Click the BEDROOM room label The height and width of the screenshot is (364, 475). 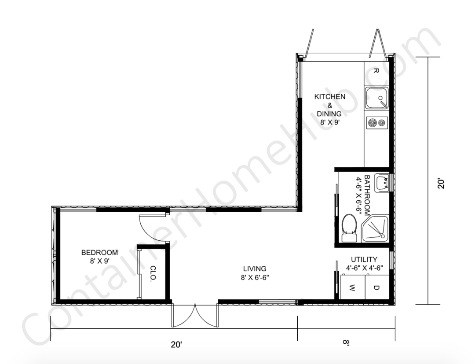coord(99,253)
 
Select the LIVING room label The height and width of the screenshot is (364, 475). coord(255,268)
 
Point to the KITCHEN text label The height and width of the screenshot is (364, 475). coord(329,97)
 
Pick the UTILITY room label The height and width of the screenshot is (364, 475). coord(364,259)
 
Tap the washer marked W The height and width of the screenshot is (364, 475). coord(352,288)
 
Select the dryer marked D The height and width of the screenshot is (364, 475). coord(376,288)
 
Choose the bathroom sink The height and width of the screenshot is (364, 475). coord(381,183)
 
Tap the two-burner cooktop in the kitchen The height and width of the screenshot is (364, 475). coord(376,122)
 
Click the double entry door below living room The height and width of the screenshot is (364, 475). coord(195,315)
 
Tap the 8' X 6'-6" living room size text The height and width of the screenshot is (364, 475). coord(255,277)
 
